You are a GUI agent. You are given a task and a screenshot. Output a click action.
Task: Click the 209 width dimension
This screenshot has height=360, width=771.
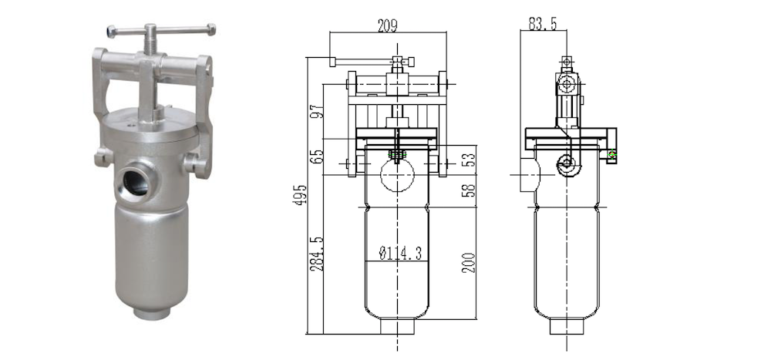(388, 25)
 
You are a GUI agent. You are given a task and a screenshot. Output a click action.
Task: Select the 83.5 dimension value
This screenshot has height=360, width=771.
(543, 23)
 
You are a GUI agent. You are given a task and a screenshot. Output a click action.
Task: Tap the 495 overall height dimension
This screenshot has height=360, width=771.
(301, 195)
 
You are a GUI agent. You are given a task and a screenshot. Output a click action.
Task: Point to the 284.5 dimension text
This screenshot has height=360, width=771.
(317, 254)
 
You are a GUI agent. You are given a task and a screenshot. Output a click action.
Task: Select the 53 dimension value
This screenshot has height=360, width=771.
(470, 160)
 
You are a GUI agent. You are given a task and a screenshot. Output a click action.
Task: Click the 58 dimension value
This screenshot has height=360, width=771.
(470, 190)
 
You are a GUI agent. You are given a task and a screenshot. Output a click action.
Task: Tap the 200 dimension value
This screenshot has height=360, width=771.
(470, 263)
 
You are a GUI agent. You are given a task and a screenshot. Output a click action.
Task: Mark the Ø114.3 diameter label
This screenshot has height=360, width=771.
(399, 254)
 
